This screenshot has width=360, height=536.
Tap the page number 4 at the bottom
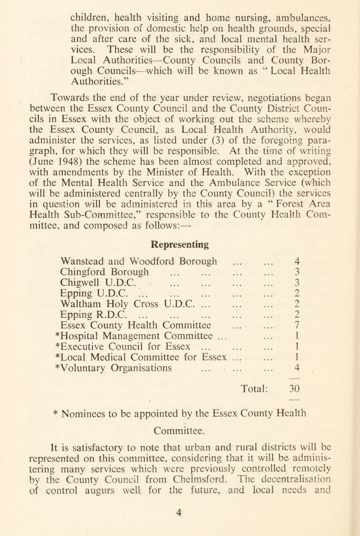[180, 524]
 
